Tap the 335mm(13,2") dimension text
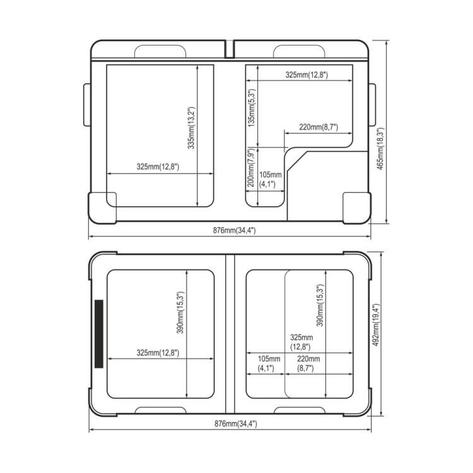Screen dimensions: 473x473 (192, 128)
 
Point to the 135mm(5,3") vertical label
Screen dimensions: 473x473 (252, 107)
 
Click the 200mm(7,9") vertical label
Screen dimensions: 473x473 (252, 168)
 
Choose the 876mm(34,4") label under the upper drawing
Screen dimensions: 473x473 (235, 230)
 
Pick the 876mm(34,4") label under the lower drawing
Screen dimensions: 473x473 (236, 424)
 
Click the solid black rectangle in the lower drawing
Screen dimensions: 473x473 (99, 334)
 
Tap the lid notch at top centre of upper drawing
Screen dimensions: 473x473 (230, 49)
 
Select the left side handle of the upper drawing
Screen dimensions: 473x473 (87, 105)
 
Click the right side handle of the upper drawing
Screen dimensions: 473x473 (372, 105)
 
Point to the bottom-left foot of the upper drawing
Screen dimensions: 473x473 (102, 208)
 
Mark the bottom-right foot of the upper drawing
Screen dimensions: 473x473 (357, 208)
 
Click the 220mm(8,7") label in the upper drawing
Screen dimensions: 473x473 (318, 127)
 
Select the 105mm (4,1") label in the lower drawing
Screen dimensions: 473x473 (269, 363)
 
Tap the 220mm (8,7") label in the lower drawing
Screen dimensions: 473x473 (308, 363)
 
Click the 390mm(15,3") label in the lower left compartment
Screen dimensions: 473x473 (180, 313)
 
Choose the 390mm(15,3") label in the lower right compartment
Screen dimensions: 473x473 (320, 305)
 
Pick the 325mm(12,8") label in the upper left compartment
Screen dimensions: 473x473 (158, 166)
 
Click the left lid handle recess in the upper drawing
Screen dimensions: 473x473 (160, 51)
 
